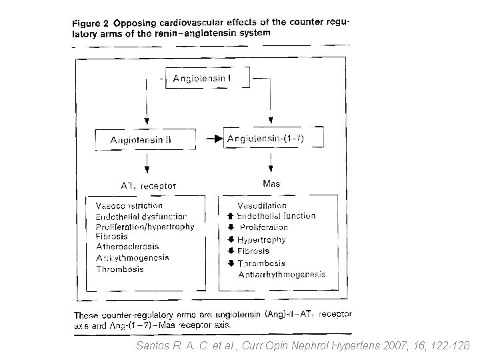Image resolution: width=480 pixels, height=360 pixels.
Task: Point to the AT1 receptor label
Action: (x=147, y=186)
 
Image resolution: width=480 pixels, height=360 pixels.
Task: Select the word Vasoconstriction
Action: (x=129, y=205)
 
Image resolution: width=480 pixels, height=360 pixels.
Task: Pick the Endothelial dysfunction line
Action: (x=141, y=216)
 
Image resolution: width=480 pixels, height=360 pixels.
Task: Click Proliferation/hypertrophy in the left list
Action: (x=145, y=227)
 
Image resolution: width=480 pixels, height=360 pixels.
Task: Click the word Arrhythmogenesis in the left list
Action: (x=132, y=258)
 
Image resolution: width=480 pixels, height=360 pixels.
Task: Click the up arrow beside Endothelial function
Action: (x=231, y=216)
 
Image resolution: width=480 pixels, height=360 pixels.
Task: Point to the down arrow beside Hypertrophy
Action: (x=231, y=239)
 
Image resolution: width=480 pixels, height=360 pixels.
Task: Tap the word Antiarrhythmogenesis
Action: (x=281, y=274)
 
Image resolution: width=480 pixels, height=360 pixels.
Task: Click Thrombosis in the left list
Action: (x=119, y=269)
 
